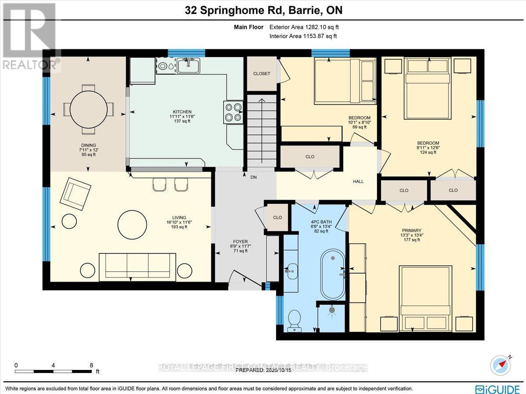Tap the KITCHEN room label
point(182,112)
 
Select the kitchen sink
point(188,66)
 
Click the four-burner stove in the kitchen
point(234,112)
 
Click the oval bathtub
point(332,274)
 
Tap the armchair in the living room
point(76,194)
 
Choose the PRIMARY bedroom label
point(412,231)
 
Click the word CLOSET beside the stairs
point(262,74)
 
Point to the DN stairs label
point(253,177)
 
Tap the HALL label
point(358,181)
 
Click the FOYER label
point(240,241)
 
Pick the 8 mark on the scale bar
point(91,365)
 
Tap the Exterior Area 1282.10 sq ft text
point(303,27)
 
